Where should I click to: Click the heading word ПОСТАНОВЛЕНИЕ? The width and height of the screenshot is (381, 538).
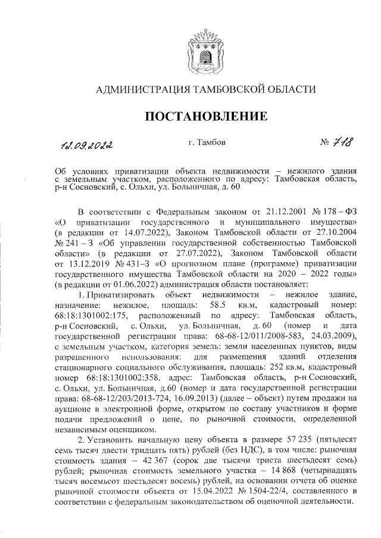click(206, 115)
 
